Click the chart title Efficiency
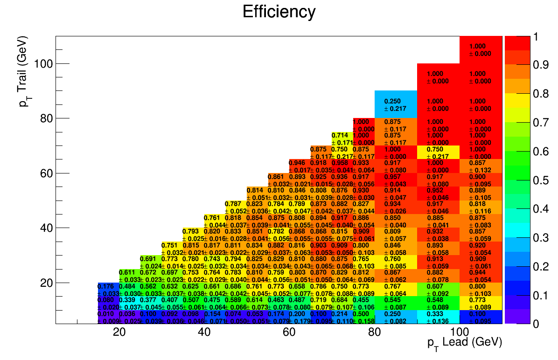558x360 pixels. [x=279, y=12]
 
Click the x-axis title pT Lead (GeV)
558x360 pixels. [x=464, y=342]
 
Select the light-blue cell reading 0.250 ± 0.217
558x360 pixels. [x=395, y=104]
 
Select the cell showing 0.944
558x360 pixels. [x=481, y=276]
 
